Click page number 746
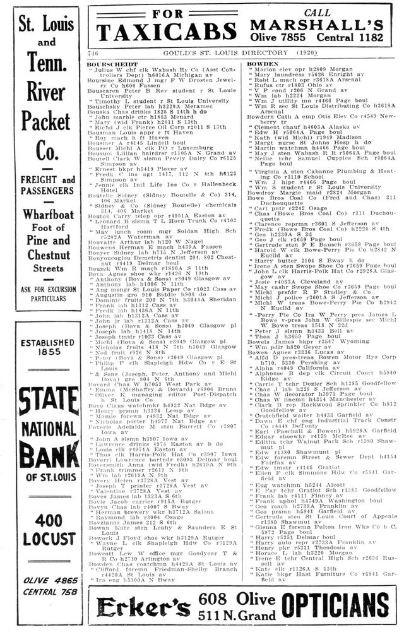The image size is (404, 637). click(93, 53)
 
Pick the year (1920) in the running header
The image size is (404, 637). click(305, 53)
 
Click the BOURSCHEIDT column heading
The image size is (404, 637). click(112, 64)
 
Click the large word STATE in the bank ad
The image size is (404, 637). click(46, 402)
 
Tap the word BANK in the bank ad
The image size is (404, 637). click(46, 453)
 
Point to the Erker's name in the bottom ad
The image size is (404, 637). click(143, 606)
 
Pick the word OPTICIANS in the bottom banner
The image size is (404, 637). click(335, 605)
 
